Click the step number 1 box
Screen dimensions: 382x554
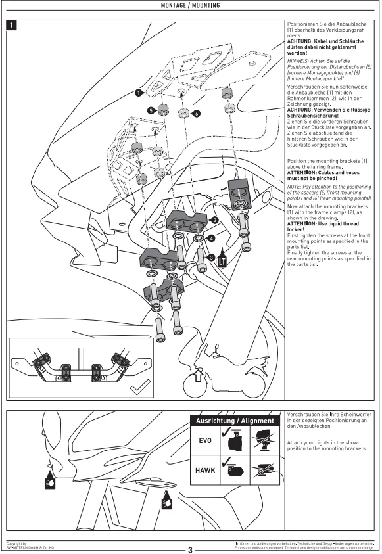(12, 25)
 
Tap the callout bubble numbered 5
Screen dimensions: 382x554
(151, 110)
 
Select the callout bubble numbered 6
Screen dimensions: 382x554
(197, 114)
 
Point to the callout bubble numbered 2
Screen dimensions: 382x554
(214, 220)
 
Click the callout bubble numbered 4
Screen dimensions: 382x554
(211, 239)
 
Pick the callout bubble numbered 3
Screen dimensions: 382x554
(211, 258)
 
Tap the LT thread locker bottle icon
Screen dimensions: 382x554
(222, 258)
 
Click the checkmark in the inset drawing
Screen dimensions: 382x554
(140, 388)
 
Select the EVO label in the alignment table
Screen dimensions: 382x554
(205, 440)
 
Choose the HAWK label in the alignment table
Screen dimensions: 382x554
(205, 471)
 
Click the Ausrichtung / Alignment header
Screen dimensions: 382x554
(235, 421)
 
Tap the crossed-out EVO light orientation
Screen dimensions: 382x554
(265, 440)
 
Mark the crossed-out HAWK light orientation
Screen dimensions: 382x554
(265, 470)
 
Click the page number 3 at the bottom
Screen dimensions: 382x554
(191, 550)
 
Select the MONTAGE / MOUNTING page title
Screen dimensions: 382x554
(191, 5)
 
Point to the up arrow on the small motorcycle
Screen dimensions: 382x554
(199, 376)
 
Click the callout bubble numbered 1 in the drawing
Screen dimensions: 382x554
(139, 93)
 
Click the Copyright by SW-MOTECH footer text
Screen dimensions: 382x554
(30, 546)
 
